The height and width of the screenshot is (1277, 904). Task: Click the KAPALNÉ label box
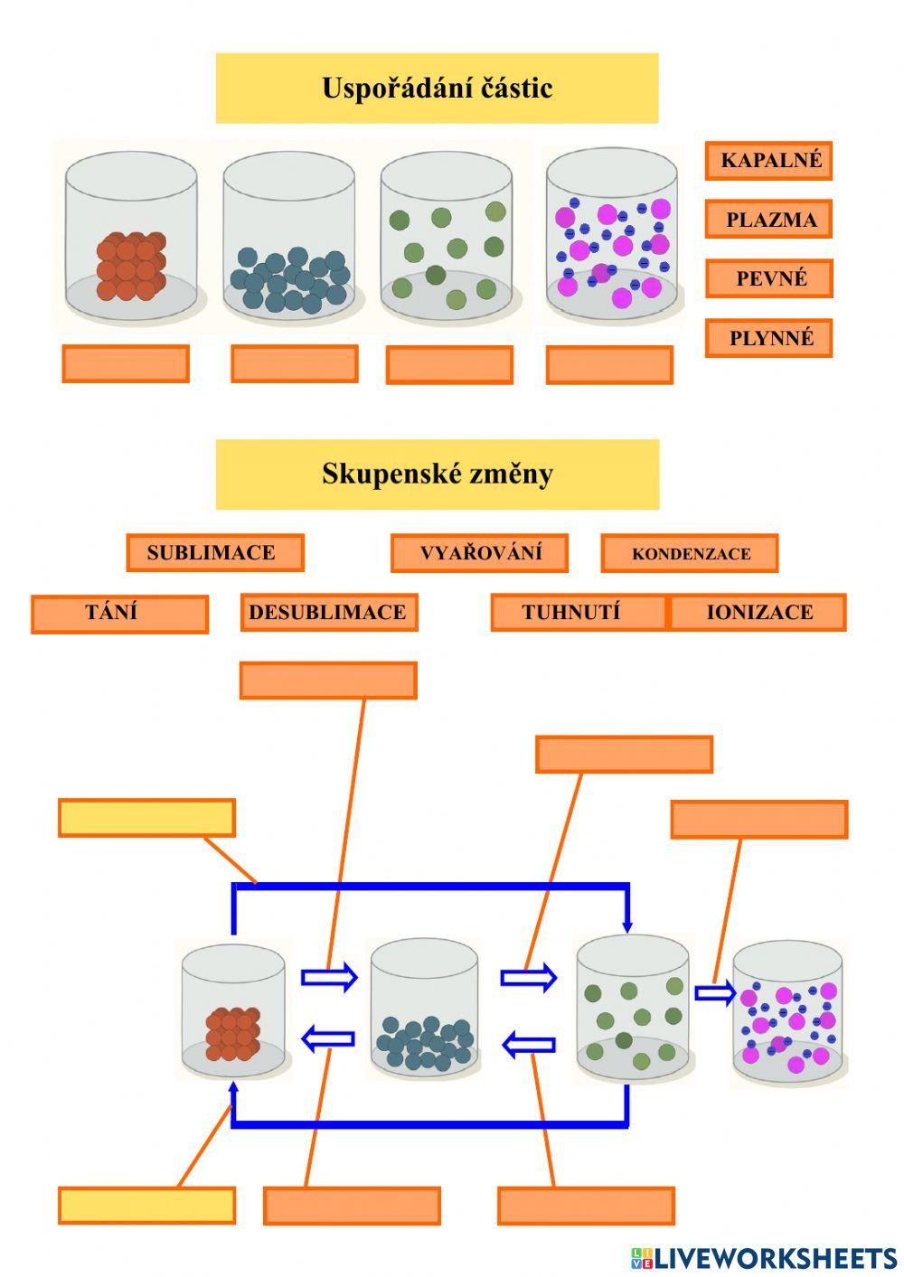pos(768,161)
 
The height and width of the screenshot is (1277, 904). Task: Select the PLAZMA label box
pos(768,220)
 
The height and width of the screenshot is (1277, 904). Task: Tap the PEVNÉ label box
pos(768,278)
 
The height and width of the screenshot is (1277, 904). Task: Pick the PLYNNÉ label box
pos(768,338)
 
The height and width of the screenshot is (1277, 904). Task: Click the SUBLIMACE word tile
pos(215,553)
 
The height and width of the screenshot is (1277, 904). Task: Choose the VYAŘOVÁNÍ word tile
pos(479,553)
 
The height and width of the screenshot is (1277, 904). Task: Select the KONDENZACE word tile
pos(690,554)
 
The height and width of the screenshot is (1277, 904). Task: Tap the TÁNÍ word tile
pos(119,614)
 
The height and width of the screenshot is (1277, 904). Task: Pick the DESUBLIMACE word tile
pos(329,613)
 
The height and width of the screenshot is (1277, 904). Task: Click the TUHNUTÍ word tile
pos(579,613)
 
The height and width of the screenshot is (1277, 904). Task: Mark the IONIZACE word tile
pos(758,613)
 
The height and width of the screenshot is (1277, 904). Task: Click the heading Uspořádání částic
pos(437,88)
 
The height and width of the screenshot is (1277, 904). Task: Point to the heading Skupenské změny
pos(437,474)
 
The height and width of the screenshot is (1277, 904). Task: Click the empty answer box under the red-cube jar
pos(126,364)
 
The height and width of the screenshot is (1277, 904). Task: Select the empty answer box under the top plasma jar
pos(609,365)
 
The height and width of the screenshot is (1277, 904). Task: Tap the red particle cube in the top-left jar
pos(131,267)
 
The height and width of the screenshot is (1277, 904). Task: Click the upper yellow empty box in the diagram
pos(146,818)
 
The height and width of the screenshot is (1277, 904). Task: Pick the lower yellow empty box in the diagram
pos(146,1206)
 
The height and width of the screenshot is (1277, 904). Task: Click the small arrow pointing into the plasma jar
pos(715,993)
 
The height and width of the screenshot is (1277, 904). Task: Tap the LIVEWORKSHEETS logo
pos(764,1257)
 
